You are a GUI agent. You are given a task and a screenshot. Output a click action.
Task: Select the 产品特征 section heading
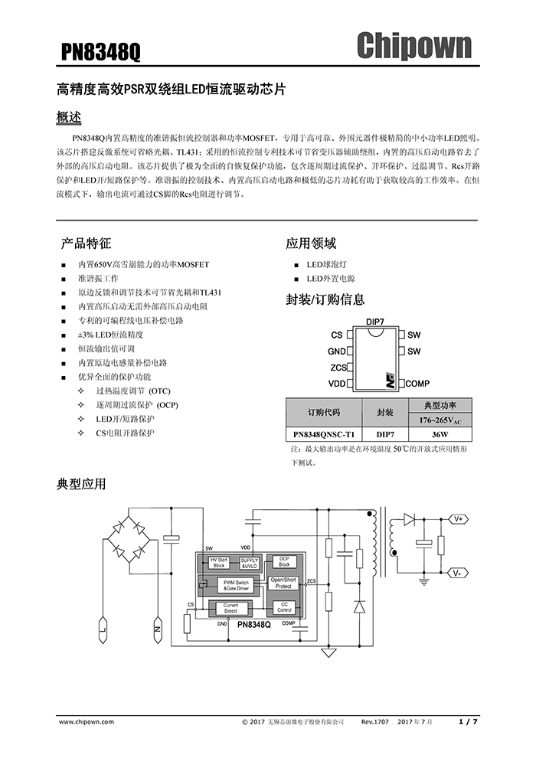tap(86, 243)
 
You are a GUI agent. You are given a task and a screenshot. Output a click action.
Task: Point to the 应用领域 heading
tap(311, 243)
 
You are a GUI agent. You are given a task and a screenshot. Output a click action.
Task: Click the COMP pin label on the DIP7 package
tap(417, 383)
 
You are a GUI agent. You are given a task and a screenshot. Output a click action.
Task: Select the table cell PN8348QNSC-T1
tap(323, 433)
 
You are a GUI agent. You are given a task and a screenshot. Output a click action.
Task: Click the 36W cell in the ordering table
tap(439, 433)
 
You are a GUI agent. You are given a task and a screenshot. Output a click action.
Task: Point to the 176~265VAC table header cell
tap(440, 420)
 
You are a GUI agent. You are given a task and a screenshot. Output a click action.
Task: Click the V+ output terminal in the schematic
tap(459, 519)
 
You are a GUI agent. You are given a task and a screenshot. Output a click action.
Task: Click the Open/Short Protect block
tap(283, 583)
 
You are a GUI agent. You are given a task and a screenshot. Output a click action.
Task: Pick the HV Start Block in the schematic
tap(219, 562)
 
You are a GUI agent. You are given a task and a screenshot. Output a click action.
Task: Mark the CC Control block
tap(283, 607)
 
